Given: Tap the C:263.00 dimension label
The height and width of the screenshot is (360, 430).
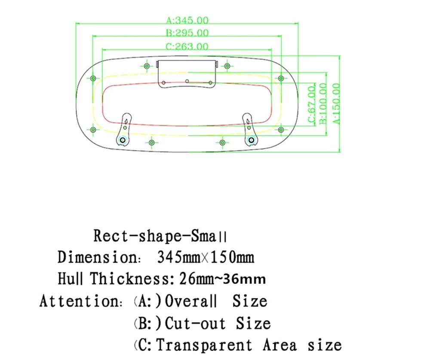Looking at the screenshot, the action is [187, 46].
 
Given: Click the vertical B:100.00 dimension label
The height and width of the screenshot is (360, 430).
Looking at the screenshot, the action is [323, 103].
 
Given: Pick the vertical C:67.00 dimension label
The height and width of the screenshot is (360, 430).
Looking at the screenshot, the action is [311, 104].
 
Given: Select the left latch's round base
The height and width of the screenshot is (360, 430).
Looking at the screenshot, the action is [123, 140].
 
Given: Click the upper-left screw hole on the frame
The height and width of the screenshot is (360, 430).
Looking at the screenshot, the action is [94, 78].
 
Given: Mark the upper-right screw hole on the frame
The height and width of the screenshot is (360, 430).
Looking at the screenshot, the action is [281, 78].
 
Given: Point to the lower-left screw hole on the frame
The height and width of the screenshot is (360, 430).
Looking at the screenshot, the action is [93, 129].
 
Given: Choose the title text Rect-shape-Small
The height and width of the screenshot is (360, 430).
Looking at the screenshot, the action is [160, 236].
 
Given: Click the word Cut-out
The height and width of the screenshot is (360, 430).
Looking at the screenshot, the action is [196, 323].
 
